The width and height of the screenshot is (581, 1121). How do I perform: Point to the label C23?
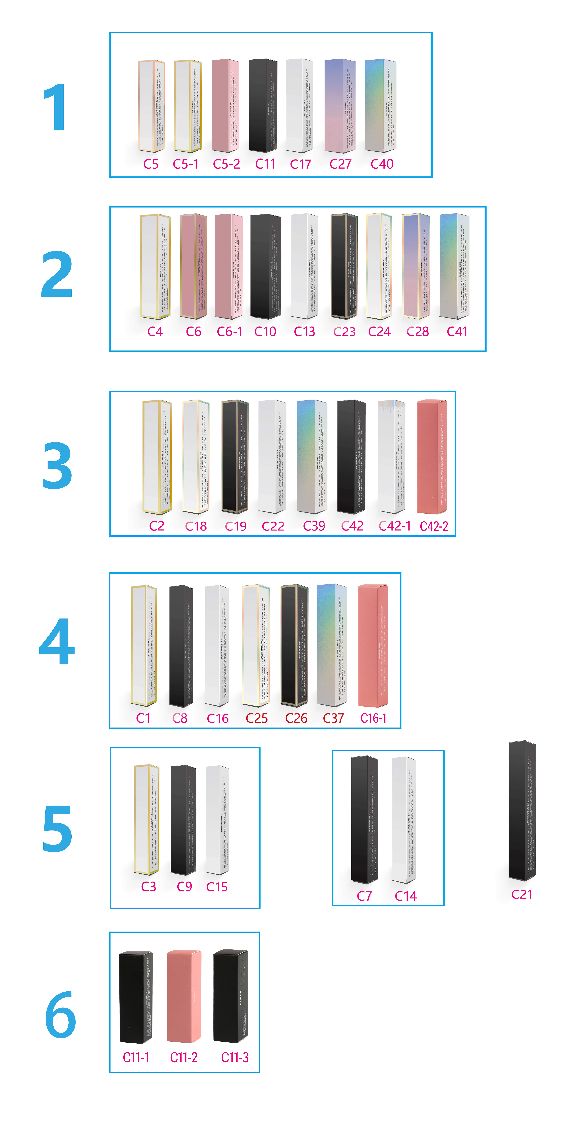tap(344, 332)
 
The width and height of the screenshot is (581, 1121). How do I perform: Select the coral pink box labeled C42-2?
tap(432, 457)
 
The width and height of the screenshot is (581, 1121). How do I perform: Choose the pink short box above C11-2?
tap(184, 997)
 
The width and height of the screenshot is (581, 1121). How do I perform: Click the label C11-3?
tap(235, 1057)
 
